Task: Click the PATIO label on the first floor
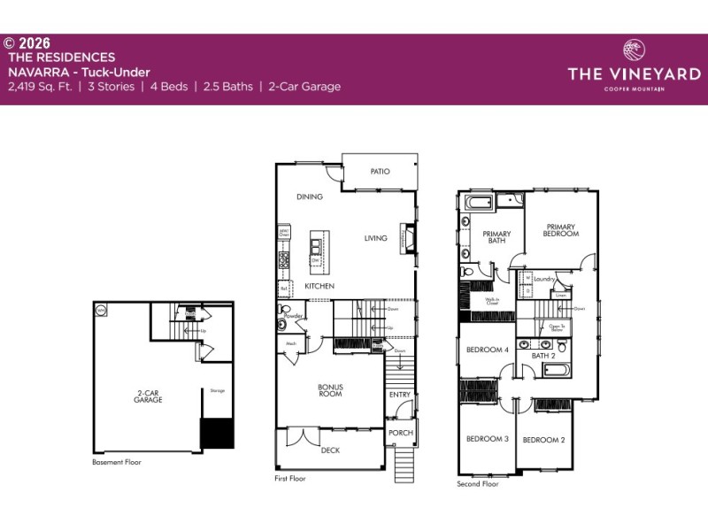point(381,172)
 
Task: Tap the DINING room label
point(310,196)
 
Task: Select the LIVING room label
point(376,238)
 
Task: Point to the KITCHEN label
point(319,288)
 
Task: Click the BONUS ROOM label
point(330,390)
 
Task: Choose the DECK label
point(330,450)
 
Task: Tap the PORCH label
point(400,433)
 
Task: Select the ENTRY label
point(400,395)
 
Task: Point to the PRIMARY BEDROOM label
point(561,230)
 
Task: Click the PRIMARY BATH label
point(496,238)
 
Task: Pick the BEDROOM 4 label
point(488,350)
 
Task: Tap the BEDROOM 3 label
point(488,439)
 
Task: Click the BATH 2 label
point(543,356)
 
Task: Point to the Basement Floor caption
point(117,462)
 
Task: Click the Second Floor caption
point(478,484)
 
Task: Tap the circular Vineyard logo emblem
point(634,48)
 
